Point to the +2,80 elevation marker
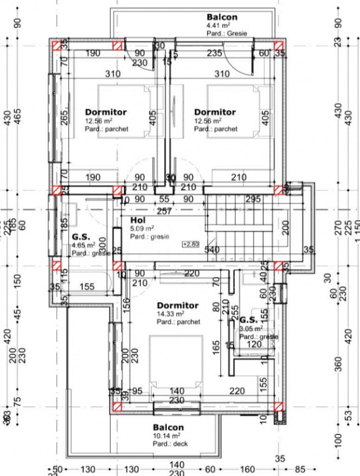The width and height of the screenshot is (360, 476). point(191,244)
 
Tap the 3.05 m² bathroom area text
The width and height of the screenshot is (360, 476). point(251,328)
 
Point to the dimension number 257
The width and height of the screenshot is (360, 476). point(165,210)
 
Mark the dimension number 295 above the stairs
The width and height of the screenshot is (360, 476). point(252,199)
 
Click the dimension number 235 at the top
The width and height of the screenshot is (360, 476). point(214,54)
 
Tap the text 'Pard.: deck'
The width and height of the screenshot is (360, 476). point(171,445)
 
